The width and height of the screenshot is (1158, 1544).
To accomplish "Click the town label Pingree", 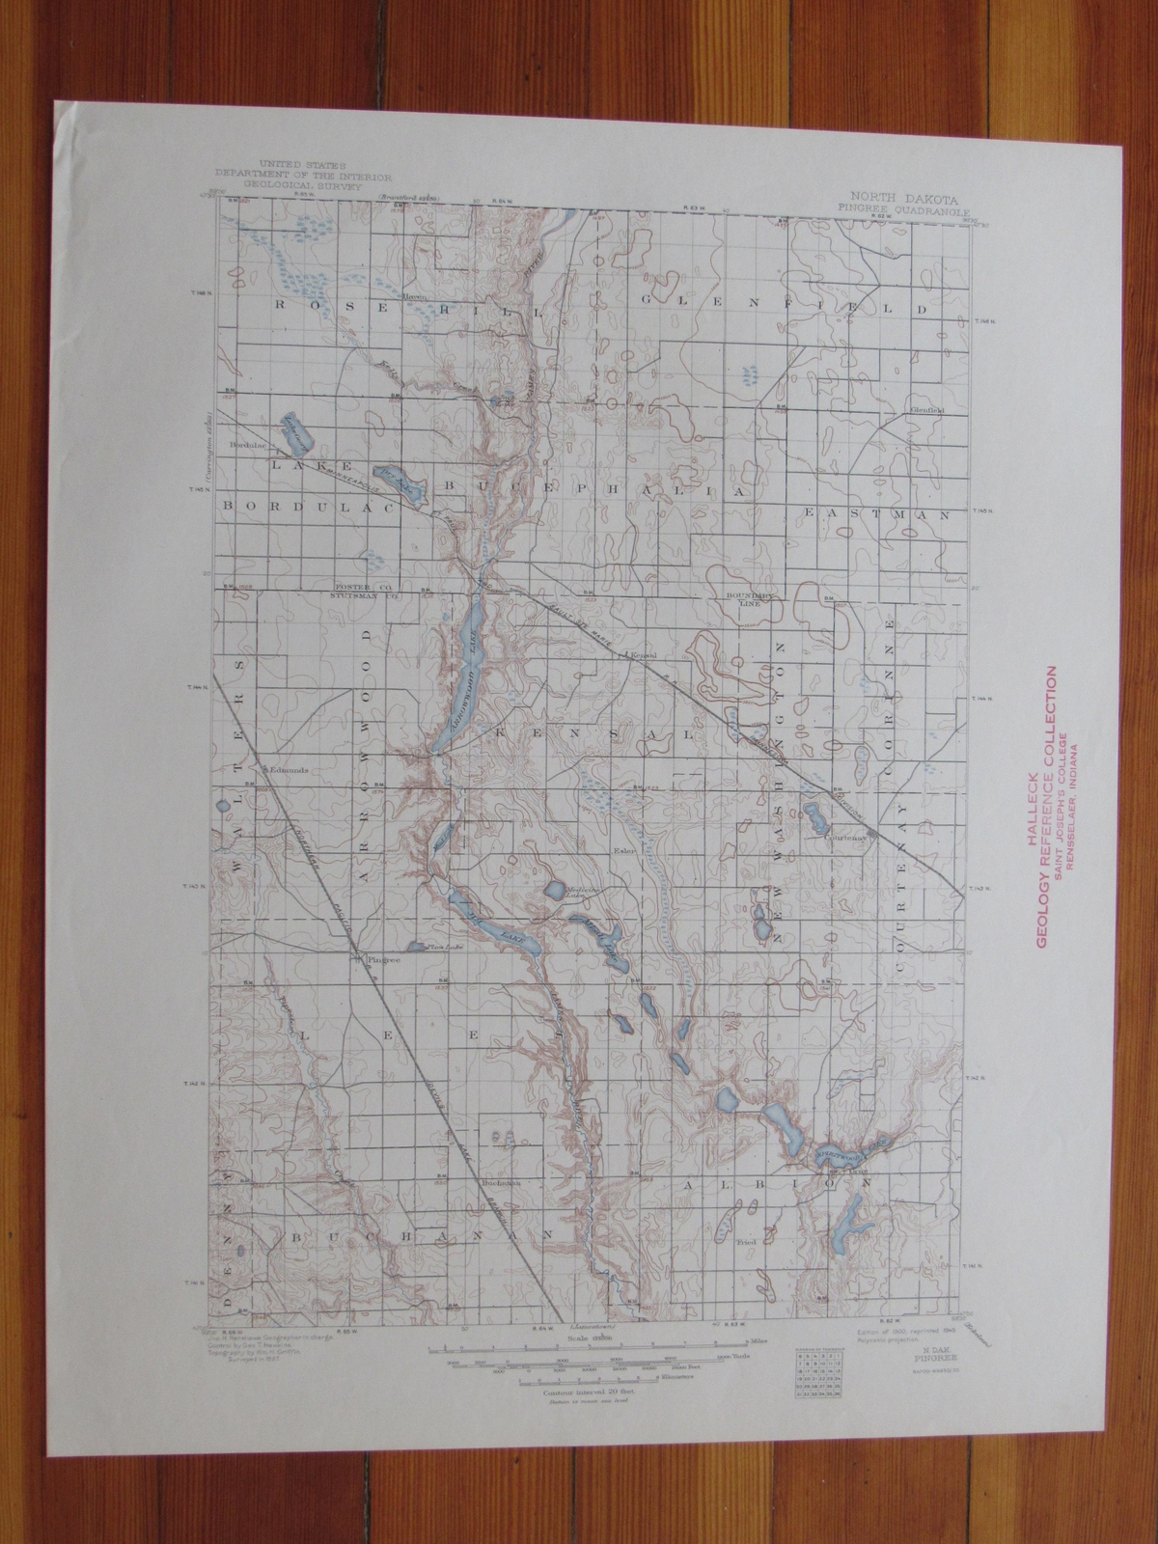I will [x=373, y=962].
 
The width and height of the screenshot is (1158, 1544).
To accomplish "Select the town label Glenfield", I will [x=924, y=409].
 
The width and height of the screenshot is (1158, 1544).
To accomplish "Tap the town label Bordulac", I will [x=246, y=445].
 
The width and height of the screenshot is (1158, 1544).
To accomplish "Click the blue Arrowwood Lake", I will [x=459, y=675].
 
